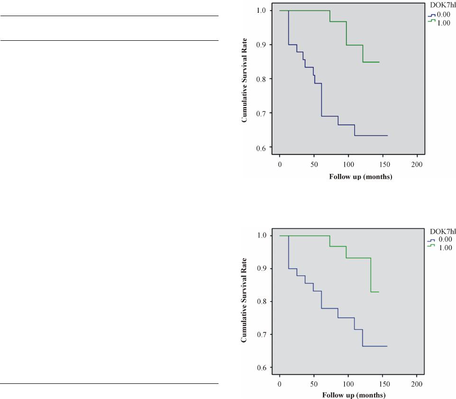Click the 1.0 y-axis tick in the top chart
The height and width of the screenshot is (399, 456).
261,10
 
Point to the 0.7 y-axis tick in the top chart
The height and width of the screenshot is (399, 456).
261,113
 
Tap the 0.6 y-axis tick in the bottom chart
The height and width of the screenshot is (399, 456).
261,367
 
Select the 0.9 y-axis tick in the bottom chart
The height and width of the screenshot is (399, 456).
261,269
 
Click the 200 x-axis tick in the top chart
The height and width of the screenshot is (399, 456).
417,164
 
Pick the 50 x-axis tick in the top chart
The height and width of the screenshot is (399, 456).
314,164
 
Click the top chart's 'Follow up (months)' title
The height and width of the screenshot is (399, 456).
360,177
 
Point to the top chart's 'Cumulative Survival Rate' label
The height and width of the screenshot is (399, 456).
245,79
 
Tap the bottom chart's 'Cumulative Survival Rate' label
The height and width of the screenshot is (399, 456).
245,300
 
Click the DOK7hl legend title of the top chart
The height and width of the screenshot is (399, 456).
442,6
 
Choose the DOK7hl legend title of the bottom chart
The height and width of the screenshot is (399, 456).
442,231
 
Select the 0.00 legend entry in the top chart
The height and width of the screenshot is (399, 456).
444,14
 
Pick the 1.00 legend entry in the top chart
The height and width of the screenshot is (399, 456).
444,23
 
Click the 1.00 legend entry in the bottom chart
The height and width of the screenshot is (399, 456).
444,247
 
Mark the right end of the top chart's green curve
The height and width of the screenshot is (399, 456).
379,62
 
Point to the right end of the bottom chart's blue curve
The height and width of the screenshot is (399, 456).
387,346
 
